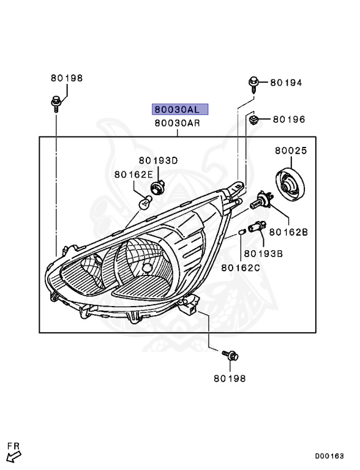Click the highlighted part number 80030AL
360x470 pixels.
click(180, 110)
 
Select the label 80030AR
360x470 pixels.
click(178, 123)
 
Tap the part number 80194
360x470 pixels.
click(286, 83)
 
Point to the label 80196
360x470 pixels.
click(289, 119)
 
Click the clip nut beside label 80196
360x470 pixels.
click(255, 120)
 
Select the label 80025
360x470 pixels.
click(291, 150)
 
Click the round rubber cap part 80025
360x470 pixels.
click(290, 185)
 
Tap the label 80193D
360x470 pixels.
click(158, 160)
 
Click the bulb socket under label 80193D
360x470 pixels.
click(157, 187)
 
